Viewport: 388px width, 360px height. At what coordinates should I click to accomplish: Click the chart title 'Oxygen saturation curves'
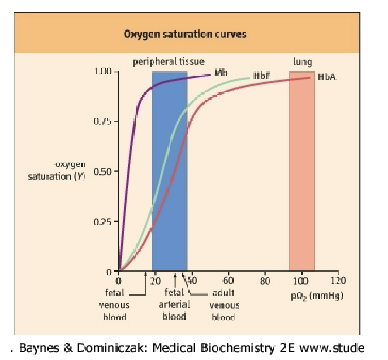pyautogui.click(x=184, y=34)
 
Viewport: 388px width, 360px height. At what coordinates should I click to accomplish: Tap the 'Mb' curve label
pyautogui.click(x=221, y=73)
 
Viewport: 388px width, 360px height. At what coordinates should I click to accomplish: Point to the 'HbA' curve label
pyautogui.click(x=327, y=77)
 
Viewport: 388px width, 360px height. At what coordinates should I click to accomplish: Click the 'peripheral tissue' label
pyautogui.click(x=169, y=61)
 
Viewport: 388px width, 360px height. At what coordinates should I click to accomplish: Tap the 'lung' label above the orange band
pyautogui.click(x=302, y=61)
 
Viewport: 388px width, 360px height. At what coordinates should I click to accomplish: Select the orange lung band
pyautogui.click(x=301, y=176)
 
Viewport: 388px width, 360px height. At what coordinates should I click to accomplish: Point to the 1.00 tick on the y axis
pyautogui.click(x=104, y=72)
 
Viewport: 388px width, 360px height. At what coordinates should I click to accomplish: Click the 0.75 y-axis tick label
pyautogui.click(x=104, y=122)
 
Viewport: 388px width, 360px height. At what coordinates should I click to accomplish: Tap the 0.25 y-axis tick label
pyautogui.click(x=104, y=222)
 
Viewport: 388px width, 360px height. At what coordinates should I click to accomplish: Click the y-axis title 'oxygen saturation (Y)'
pyautogui.click(x=58, y=170)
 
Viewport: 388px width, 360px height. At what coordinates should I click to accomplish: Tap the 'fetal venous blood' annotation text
pyautogui.click(x=115, y=304)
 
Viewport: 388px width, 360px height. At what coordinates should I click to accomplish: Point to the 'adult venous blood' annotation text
pyautogui.click(x=224, y=304)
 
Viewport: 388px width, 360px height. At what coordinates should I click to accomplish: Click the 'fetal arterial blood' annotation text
pyautogui.click(x=174, y=304)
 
